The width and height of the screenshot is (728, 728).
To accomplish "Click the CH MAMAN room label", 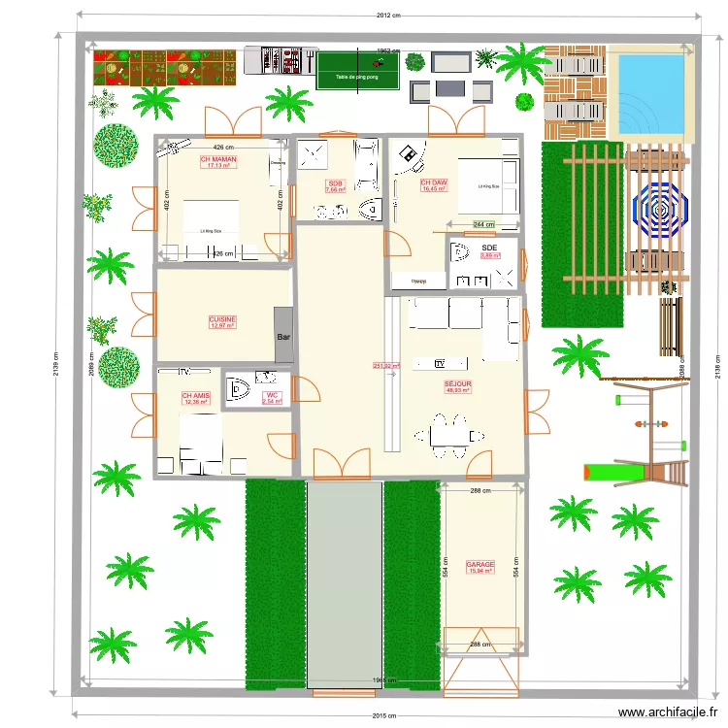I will (218, 159).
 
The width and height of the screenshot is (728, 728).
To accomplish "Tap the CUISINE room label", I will (222, 319).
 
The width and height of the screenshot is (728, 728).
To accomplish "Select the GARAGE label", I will (480, 565).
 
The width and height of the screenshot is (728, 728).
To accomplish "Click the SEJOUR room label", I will (457, 384).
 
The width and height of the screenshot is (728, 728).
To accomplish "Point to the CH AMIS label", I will (195, 396).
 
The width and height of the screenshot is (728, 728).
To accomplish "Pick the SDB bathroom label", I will (336, 184).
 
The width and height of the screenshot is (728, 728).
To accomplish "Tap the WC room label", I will (272, 396).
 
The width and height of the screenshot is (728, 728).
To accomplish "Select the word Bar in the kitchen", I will (284, 337).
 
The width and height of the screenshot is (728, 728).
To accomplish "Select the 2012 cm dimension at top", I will (388, 15).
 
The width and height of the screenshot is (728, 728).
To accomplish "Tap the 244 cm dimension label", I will (482, 224).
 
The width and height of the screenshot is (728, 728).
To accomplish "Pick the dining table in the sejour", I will (447, 434).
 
